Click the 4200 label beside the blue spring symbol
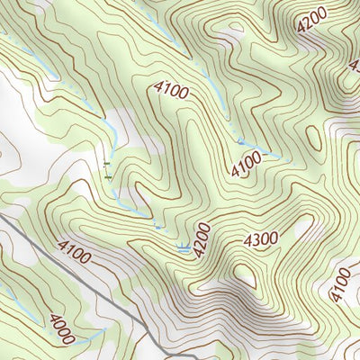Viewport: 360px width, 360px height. pos(202,239)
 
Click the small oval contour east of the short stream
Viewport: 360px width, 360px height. pos(314,138)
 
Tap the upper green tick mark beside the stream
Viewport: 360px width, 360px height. pos(107,164)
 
